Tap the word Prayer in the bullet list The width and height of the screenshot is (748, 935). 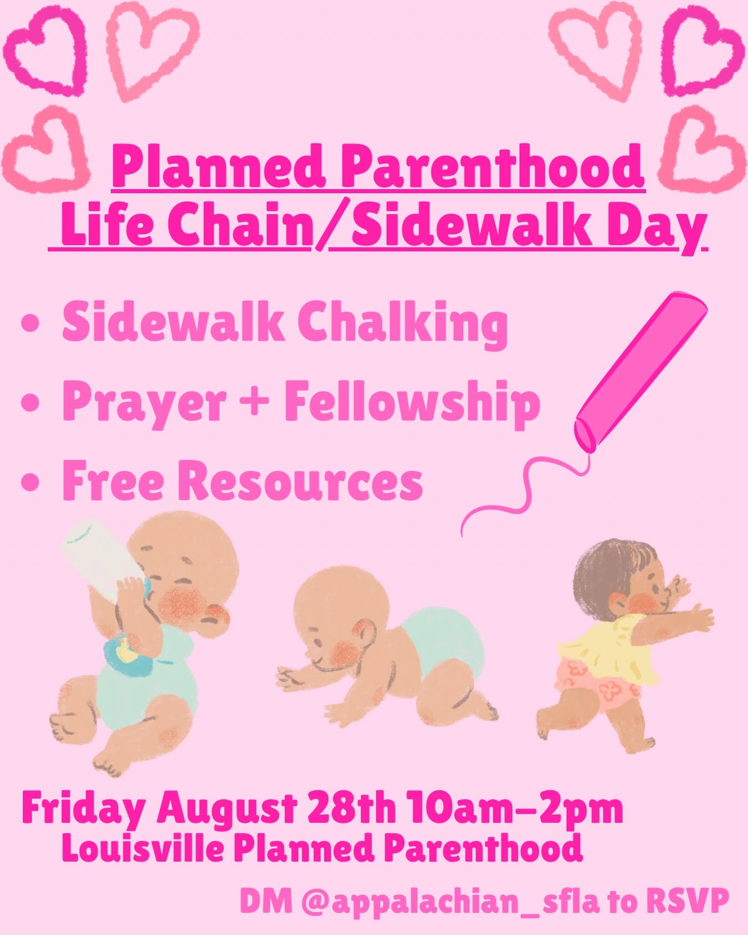click(144, 403)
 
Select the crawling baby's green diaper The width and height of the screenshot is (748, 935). click(443, 643)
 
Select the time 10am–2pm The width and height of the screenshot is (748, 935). click(515, 810)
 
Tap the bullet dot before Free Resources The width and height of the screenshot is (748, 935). click(30, 482)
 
